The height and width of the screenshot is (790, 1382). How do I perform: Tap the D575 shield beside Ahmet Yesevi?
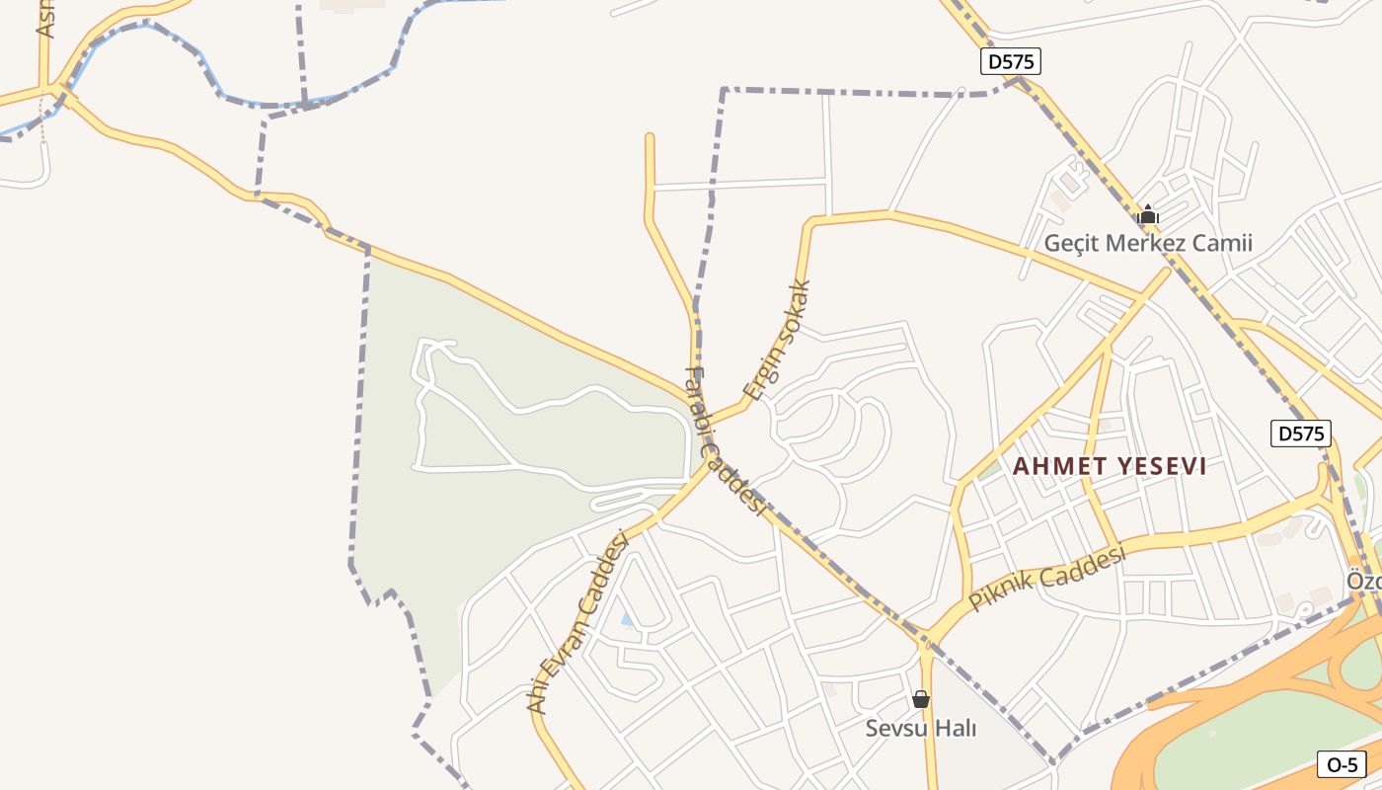(1300, 433)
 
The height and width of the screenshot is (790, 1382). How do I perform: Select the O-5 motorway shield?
(1343, 763)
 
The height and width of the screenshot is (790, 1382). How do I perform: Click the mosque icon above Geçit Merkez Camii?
(1148, 214)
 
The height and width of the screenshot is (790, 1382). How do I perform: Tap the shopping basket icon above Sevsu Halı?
(921, 699)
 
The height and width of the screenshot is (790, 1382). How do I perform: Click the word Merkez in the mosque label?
(1153, 243)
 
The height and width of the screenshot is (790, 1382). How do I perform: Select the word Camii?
(1223, 243)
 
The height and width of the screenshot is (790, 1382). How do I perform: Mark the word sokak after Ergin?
(795, 309)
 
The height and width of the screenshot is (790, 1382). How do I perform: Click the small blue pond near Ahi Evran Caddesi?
(627, 619)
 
